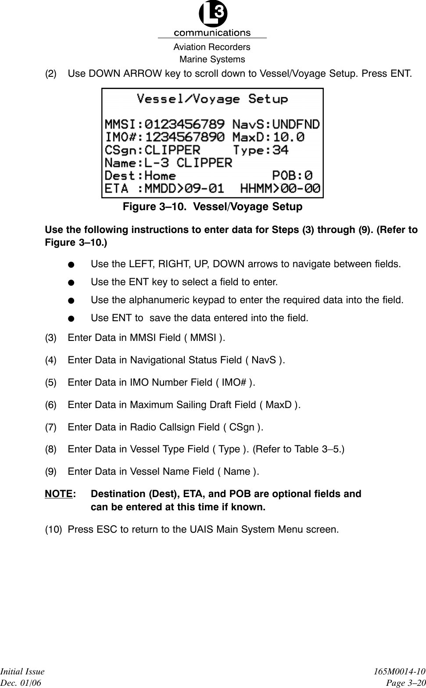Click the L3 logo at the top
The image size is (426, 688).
pos(213,14)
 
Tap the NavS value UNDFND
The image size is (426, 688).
pos(296,124)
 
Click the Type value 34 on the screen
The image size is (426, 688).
pos(280,150)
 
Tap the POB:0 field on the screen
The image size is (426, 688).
pos(293,176)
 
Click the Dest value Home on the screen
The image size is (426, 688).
pos(160,176)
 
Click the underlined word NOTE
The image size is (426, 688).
pos(58,494)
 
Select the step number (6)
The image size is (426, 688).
pos(51,405)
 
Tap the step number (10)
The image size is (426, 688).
pos(53,529)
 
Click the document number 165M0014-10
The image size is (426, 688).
pos(400,671)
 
